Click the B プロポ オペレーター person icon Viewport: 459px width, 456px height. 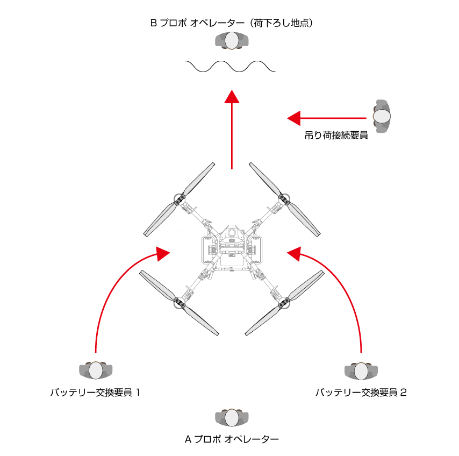pos(232,40)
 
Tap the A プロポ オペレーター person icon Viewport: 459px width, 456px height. pos(232,417)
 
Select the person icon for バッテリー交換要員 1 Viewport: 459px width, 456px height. pos(96,370)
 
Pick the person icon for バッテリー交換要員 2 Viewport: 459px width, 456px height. pos(361,370)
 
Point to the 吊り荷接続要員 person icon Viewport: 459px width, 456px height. pos(381,116)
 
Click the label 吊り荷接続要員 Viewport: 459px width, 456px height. pos(336,136)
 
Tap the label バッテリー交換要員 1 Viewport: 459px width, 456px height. pos(96,393)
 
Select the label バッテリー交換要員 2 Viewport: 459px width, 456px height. pos(361,393)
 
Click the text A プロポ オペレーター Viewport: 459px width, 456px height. pos(232,439)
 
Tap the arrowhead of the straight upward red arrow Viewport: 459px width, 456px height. pos(232,96)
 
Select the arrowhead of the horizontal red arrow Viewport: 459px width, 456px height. pos(293,117)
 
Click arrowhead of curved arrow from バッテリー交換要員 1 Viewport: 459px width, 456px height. pos(162,253)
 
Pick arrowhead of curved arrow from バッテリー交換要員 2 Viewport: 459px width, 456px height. pos(295,253)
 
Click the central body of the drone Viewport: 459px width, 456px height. pos(232,247)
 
